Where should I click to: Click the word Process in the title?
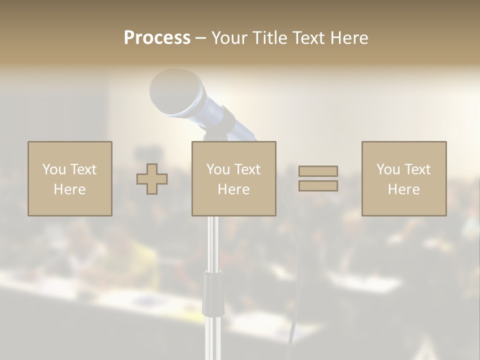click(157, 38)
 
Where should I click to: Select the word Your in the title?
click(229, 38)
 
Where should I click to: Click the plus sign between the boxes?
click(152, 179)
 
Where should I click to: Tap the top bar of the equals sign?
click(318, 171)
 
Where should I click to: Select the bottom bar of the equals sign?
click(318, 186)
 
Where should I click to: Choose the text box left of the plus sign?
click(69, 179)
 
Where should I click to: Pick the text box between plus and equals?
click(233, 179)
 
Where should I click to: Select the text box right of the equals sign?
click(403, 179)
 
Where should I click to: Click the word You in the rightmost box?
click(388, 169)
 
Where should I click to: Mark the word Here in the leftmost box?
click(69, 189)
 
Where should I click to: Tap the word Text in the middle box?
click(247, 169)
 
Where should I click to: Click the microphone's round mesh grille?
click(170, 90)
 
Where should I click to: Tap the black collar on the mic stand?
click(213, 295)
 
